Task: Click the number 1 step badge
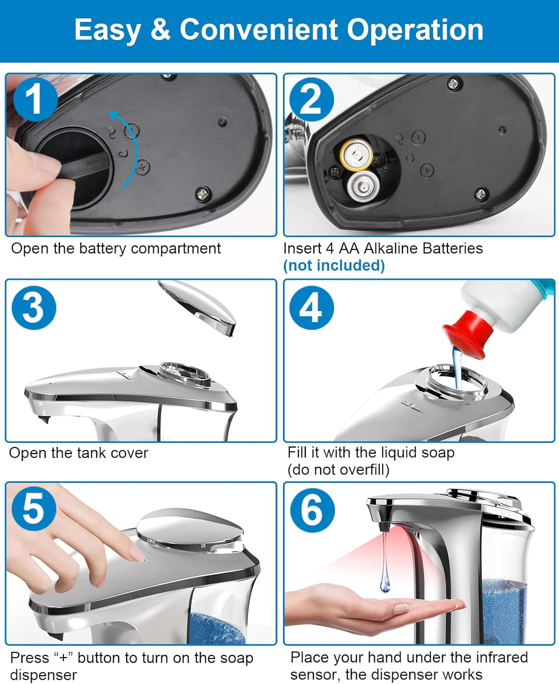point(35,99)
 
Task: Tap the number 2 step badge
point(312,99)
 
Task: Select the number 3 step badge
point(34,307)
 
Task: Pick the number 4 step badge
point(312,307)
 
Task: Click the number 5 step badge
point(34,508)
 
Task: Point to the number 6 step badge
point(312,510)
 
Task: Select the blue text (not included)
point(334,265)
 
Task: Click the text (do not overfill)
point(338,470)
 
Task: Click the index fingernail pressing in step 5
point(136,555)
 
